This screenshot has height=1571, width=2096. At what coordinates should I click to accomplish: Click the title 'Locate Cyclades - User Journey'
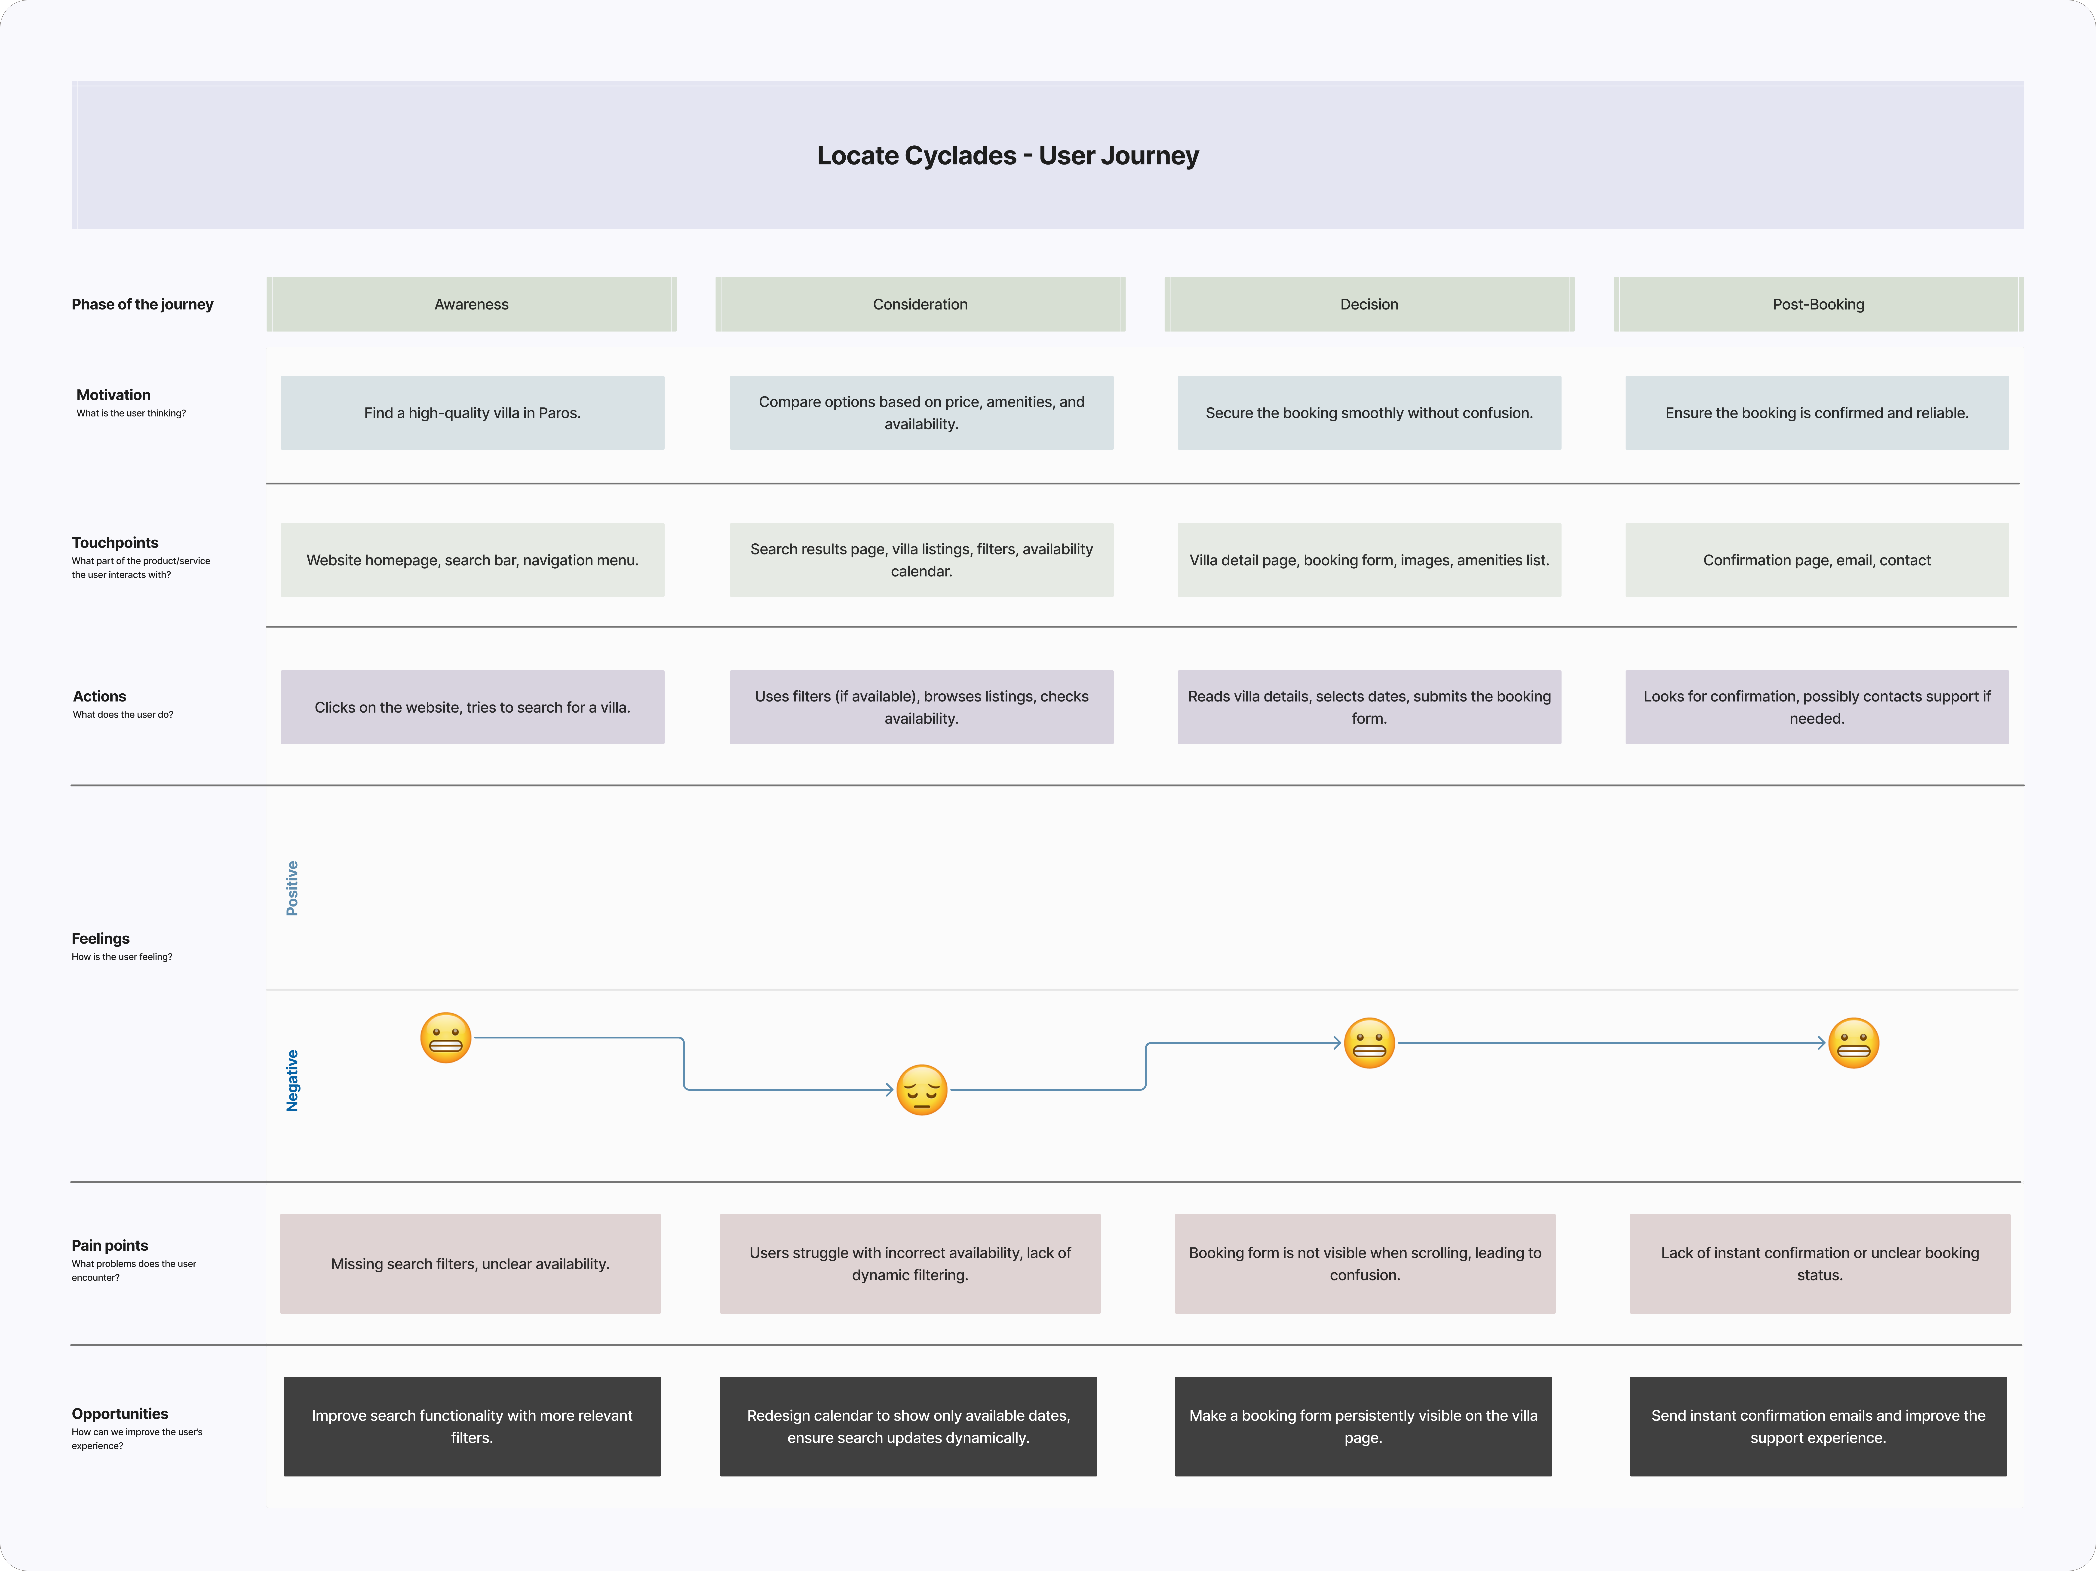[x=1007, y=155]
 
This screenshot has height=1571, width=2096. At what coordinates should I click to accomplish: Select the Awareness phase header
[x=471, y=304]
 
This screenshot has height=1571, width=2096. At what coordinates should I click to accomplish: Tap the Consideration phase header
[x=920, y=304]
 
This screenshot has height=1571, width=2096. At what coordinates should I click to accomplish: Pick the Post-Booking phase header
[x=1817, y=304]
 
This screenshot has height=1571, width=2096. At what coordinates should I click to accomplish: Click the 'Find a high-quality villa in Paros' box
[x=472, y=413]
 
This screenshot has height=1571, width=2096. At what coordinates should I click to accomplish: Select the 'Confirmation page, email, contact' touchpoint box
[x=1817, y=560]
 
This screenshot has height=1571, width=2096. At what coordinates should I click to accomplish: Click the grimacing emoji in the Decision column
[x=1369, y=1043]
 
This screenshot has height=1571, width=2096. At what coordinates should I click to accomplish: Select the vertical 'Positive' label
[x=292, y=888]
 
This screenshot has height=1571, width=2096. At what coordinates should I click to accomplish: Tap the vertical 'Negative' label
[x=292, y=1080]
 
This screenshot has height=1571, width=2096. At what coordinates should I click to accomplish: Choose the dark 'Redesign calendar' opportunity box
[x=908, y=1426]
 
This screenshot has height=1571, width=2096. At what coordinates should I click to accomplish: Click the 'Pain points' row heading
[x=110, y=1245]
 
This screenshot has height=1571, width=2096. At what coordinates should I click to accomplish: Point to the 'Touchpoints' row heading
[x=115, y=542]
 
